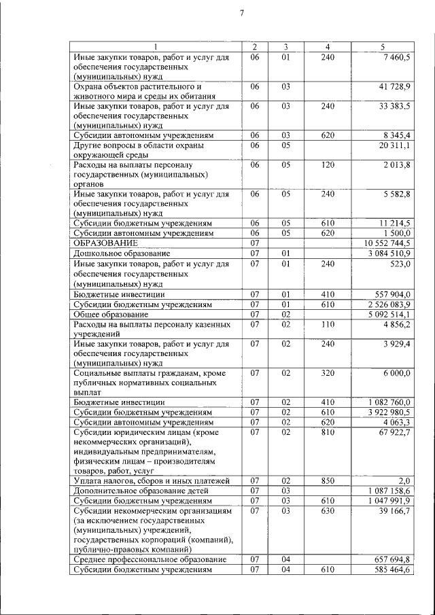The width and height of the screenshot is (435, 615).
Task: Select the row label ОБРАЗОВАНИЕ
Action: click(105, 243)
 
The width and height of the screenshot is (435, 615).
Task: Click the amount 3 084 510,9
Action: click(389, 253)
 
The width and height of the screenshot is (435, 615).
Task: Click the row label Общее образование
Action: click(109, 314)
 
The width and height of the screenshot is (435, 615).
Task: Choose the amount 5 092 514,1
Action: click(389, 314)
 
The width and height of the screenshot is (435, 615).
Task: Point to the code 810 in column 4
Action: click(328, 432)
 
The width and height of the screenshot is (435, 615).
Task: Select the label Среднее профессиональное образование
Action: click(150, 559)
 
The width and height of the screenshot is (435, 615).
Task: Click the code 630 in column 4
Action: click(328, 510)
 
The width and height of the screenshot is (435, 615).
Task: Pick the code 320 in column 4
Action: click(328, 373)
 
